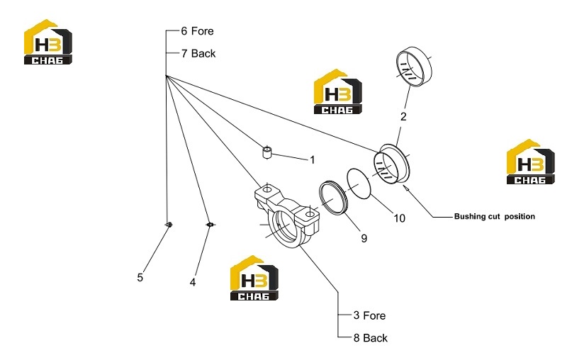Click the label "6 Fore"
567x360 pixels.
[x=197, y=31]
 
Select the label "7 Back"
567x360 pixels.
[x=198, y=53]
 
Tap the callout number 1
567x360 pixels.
[x=313, y=159]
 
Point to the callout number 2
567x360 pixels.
[x=403, y=116]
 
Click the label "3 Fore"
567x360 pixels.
[x=369, y=315]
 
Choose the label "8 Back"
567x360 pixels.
[x=370, y=338]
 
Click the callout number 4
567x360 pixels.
[x=193, y=282]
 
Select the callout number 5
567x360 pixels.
[x=140, y=277]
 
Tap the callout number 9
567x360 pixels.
[x=364, y=238]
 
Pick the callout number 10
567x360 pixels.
[x=399, y=218]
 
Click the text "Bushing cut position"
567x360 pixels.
[x=494, y=217]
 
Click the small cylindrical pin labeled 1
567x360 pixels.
[x=267, y=152]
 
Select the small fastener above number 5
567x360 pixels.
[x=169, y=225]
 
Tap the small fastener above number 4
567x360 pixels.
[x=210, y=225]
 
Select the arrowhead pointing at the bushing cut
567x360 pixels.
[x=405, y=187]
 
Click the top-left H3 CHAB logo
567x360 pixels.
[x=48, y=42]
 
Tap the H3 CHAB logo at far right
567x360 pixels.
[x=530, y=162]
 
